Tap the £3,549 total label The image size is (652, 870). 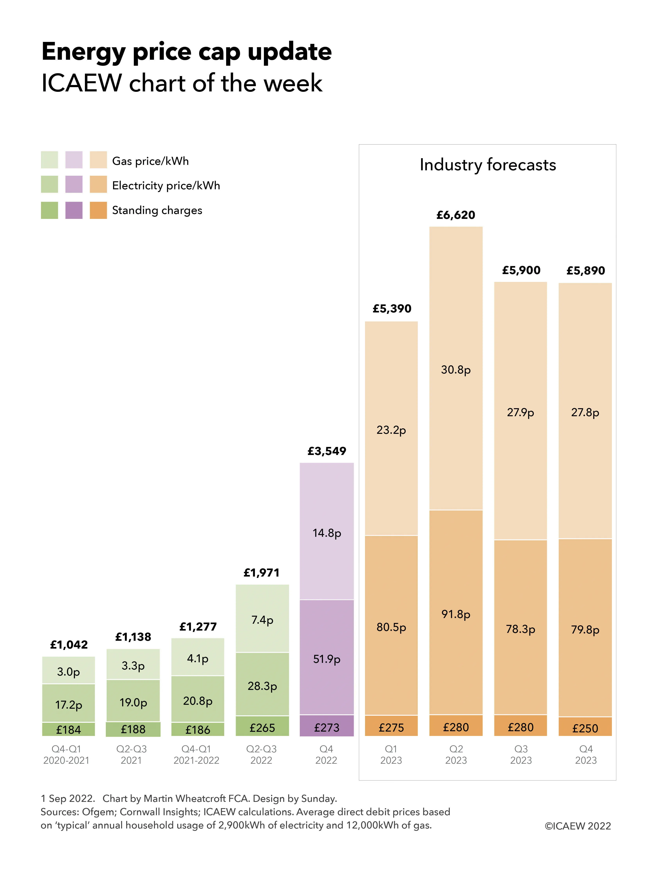[327, 451]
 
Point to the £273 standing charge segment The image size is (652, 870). [327, 728]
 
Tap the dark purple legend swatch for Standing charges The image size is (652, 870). [74, 210]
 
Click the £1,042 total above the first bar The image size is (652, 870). [69, 645]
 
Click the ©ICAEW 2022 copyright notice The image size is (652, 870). [577, 826]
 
